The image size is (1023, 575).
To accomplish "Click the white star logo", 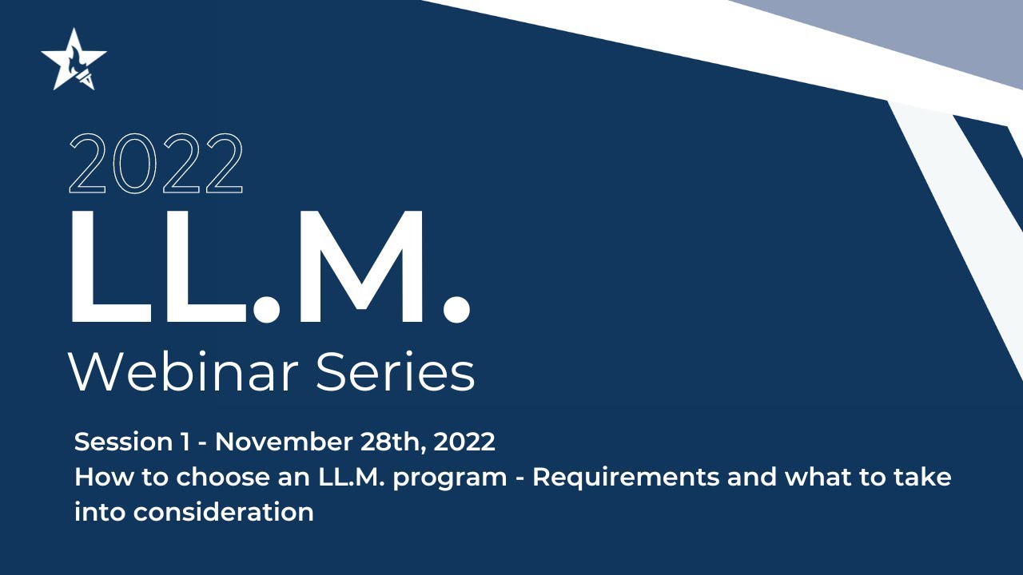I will coord(74,61).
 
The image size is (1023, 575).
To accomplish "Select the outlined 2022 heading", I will coord(156,164).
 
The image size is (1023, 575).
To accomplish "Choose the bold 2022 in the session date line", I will coord(464,442).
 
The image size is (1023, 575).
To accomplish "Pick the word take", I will coord(923,478).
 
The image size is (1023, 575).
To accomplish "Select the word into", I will coord(100,512).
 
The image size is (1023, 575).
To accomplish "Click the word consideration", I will coord(224,512).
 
